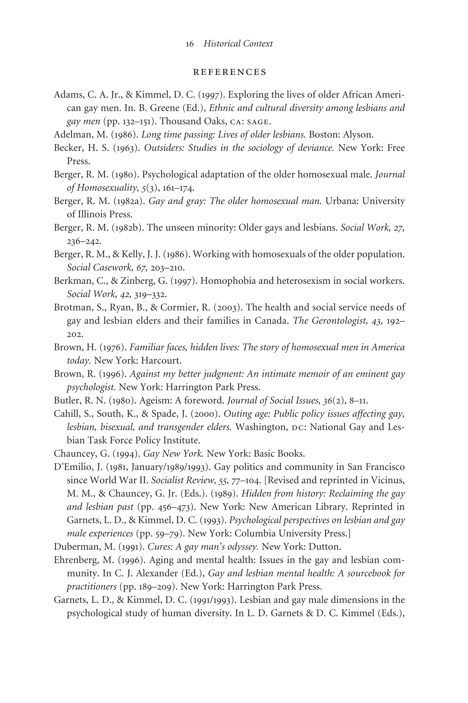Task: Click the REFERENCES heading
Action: (x=230, y=72)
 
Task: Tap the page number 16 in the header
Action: (x=189, y=44)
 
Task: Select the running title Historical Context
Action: (x=238, y=44)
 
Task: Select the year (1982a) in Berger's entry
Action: (x=129, y=201)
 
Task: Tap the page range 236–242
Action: (x=84, y=241)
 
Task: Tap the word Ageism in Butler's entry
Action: (x=154, y=400)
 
